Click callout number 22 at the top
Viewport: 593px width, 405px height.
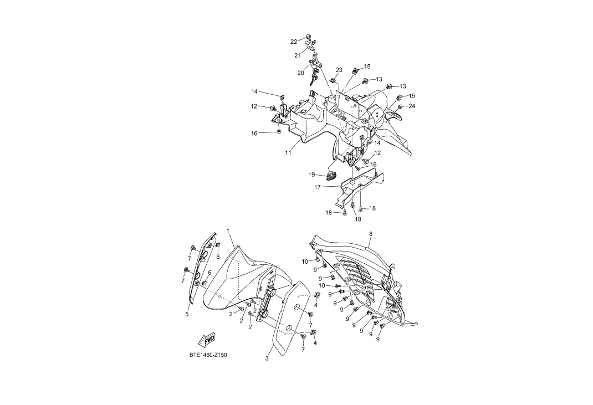click(294, 42)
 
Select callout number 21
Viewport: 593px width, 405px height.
click(298, 55)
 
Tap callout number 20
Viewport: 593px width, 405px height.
click(301, 73)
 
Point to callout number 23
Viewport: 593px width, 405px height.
click(339, 70)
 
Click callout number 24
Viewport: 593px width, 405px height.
click(412, 106)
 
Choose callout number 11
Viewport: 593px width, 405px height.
click(288, 153)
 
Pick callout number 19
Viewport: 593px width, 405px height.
click(312, 175)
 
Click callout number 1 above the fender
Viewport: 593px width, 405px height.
click(228, 230)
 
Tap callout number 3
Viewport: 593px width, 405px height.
click(267, 358)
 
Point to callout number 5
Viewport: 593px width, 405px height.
click(187, 314)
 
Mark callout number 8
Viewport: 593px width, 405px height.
click(370, 234)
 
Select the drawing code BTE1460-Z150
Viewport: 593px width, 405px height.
click(208, 355)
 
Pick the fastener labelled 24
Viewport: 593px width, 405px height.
click(400, 106)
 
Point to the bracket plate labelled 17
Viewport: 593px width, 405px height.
click(360, 186)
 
